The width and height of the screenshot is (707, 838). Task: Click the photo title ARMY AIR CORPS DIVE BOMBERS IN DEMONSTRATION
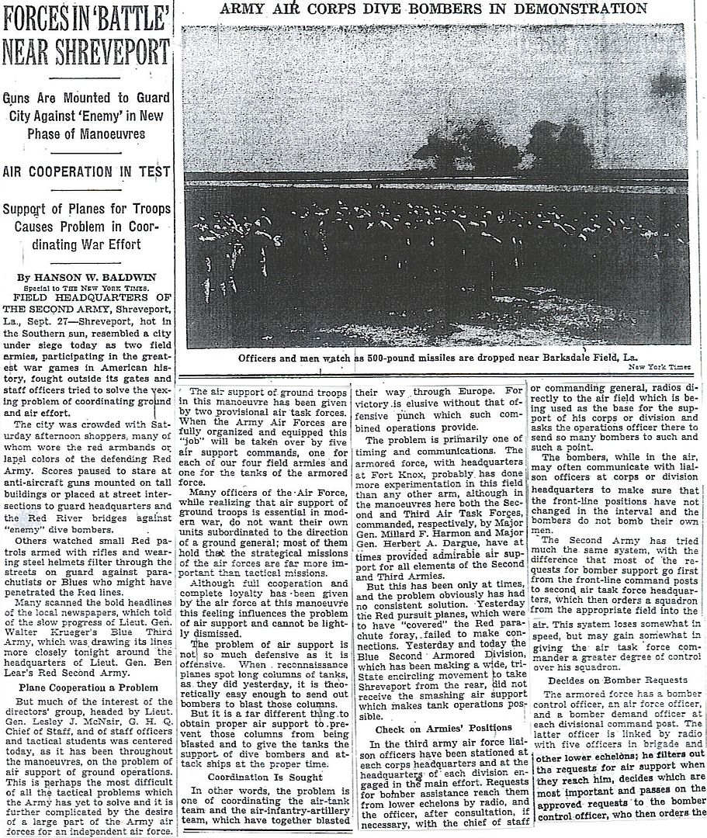click(434, 9)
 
